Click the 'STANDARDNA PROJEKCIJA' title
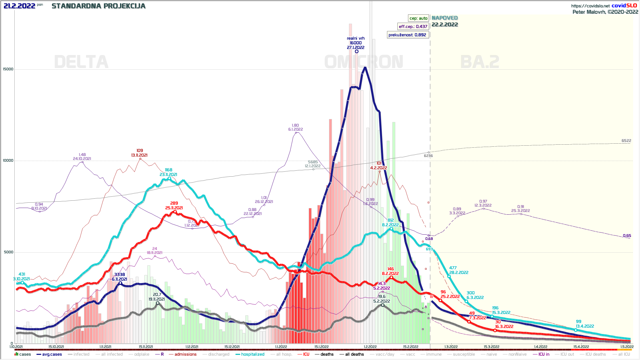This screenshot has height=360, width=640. (x=98, y=6)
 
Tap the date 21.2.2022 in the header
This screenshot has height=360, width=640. (x=19, y=6)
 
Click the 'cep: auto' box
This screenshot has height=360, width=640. (x=418, y=18)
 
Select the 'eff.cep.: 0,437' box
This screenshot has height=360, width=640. (x=413, y=26)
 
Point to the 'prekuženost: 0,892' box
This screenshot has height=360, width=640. (x=407, y=35)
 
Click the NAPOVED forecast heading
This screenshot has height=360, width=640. (x=445, y=18)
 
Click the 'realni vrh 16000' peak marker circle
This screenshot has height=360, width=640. (x=357, y=51)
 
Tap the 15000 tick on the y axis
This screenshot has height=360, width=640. (x=8, y=69)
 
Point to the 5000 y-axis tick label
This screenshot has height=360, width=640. (x=9, y=252)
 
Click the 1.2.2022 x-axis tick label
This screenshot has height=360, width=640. (x=370, y=347)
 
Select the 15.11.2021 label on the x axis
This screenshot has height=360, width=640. (x=146, y=347)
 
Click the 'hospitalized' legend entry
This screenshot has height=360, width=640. (x=252, y=354)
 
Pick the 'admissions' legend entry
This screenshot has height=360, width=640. (x=185, y=354)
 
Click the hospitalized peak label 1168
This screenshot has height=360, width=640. (x=168, y=170)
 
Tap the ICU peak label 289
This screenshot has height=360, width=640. (x=174, y=203)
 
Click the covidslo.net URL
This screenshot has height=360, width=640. (x=590, y=6)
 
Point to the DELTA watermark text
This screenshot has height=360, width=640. (x=81, y=62)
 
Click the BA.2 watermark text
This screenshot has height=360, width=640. (x=480, y=62)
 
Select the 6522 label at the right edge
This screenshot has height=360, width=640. (x=626, y=141)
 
